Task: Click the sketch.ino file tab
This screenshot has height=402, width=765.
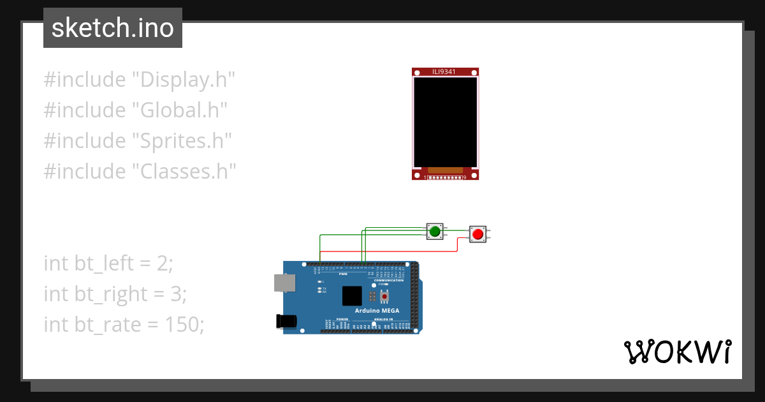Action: coord(113,28)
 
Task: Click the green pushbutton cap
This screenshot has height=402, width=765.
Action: coord(435,231)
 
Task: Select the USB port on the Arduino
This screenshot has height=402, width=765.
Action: coord(284,283)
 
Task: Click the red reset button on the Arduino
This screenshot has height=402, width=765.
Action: coord(384,296)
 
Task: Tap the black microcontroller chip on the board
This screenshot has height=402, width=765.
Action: coord(352,295)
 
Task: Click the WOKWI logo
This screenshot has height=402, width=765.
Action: coord(677,352)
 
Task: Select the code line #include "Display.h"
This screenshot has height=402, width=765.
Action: coord(140,80)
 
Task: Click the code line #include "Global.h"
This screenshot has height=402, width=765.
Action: coord(136,110)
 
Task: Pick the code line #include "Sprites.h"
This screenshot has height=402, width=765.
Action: coord(138,140)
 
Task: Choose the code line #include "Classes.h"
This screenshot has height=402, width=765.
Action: coord(140,171)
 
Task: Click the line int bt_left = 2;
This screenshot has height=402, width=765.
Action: coord(108,263)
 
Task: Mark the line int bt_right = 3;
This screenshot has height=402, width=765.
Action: coord(115,294)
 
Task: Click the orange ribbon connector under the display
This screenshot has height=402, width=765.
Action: coord(445,170)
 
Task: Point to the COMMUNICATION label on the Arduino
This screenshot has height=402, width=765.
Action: coord(389,280)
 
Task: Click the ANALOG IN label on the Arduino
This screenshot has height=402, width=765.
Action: coord(382,318)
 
